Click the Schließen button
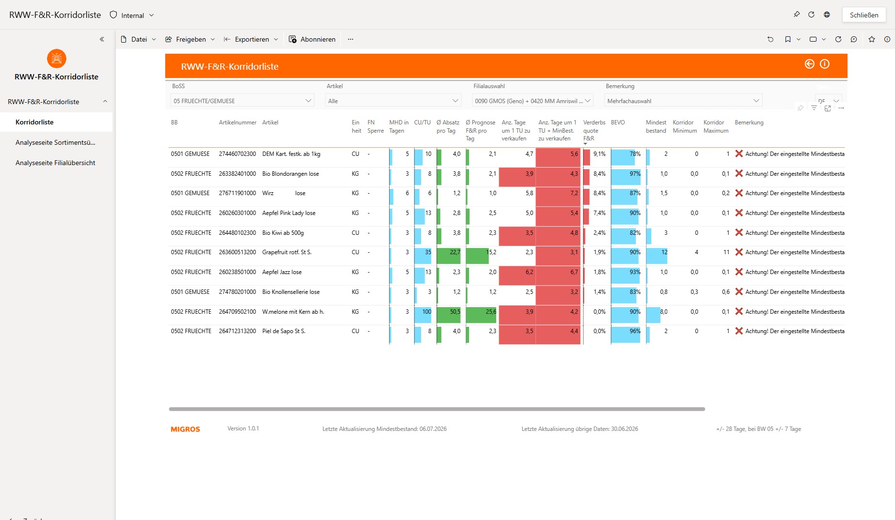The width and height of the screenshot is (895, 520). (864, 15)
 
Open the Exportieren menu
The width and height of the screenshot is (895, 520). (251, 39)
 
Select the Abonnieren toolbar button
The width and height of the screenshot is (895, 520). (312, 39)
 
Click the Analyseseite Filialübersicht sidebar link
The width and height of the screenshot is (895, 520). (55, 163)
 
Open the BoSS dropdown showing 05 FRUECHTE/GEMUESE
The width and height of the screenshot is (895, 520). (242, 101)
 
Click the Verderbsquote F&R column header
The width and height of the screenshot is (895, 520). (594, 131)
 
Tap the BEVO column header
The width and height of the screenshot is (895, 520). (618, 122)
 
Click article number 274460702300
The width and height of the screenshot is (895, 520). (237, 154)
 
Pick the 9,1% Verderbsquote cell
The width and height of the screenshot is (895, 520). (599, 154)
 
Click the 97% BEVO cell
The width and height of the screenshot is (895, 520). (635, 174)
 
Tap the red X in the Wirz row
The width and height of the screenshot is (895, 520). (739, 193)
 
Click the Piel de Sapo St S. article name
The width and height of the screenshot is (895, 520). (284, 331)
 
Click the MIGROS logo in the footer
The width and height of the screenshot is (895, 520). (186, 429)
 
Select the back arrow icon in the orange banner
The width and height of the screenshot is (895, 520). (809, 64)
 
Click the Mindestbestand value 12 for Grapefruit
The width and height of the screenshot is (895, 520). (664, 252)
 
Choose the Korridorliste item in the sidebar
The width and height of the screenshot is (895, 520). (34, 122)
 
